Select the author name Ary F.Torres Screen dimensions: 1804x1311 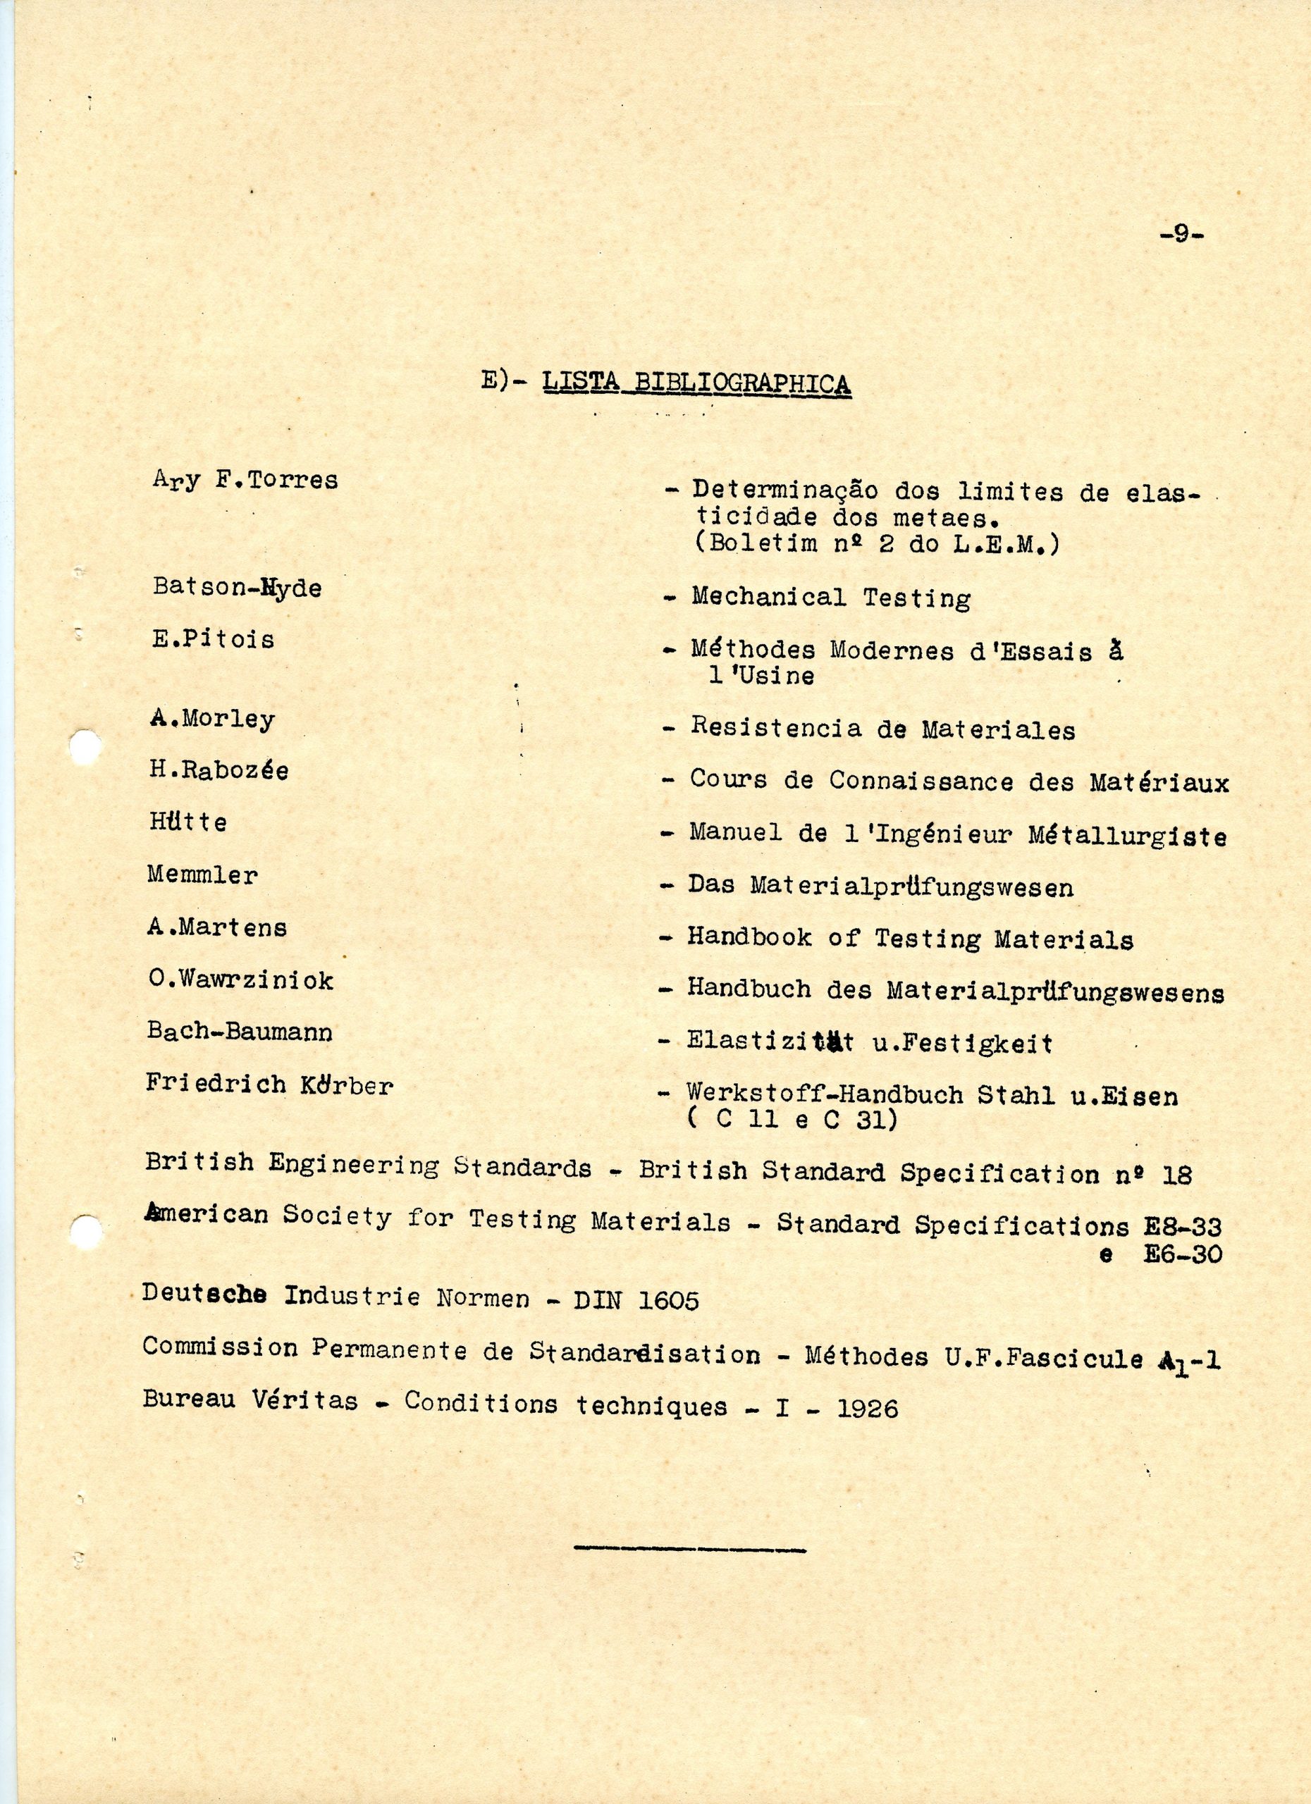(x=245, y=480)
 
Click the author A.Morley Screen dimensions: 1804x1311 (x=212, y=718)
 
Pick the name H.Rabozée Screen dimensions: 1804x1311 (x=218, y=770)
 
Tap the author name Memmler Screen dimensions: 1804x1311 (x=203, y=875)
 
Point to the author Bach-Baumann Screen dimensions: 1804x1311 (x=240, y=1032)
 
